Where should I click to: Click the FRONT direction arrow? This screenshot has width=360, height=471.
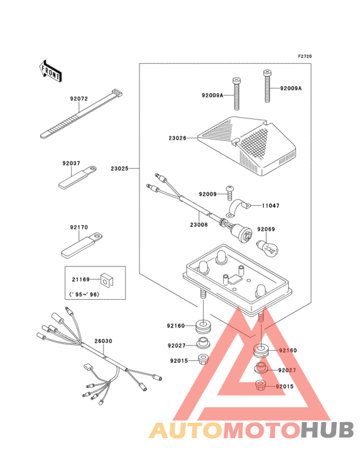pyautogui.click(x=50, y=71)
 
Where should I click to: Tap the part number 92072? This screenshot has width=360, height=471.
pyautogui.click(x=79, y=99)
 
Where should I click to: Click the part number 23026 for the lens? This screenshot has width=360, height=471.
pyautogui.click(x=177, y=138)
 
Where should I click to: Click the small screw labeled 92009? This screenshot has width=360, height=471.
pyautogui.click(x=230, y=192)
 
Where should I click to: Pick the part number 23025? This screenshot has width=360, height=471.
pyautogui.click(x=120, y=169)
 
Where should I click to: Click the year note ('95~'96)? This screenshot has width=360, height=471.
pyautogui.click(x=84, y=295)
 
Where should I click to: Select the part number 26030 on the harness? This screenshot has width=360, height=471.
pyautogui.click(x=104, y=341)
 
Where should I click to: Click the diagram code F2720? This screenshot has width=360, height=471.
pyautogui.click(x=305, y=56)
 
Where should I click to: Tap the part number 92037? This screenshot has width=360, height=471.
pyautogui.click(x=71, y=163)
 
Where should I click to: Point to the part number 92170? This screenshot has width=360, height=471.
pyautogui.click(x=79, y=227)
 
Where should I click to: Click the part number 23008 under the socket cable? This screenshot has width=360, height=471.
pyautogui.click(x=199, y=225)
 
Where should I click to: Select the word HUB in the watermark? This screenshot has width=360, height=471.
pyautogui.click(x=328, y=430)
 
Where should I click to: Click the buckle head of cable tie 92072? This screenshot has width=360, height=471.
pyautogui.click(x=117, y=93)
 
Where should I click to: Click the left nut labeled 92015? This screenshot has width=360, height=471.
pyautogui.click(x=203, y=360)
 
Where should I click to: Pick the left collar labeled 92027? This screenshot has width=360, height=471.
pyautogui.click(x=203, y=343)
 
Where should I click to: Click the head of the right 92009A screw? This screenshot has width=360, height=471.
pyautogui.click(x=267, y=72)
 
